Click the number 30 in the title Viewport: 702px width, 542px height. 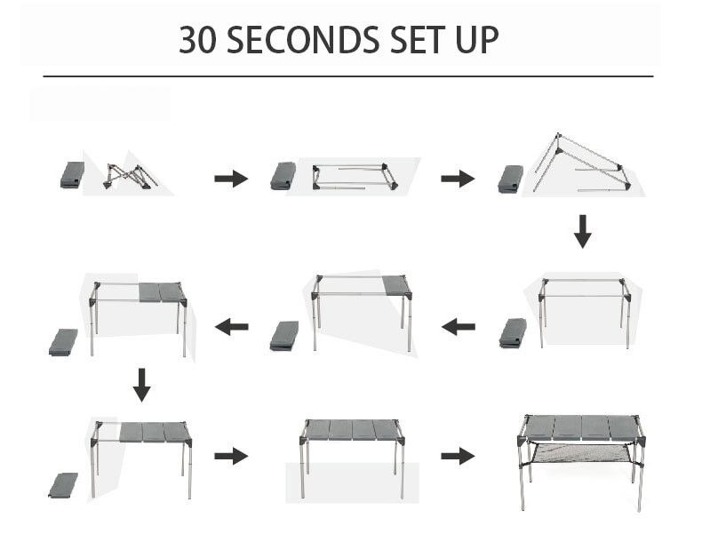click(200, 40)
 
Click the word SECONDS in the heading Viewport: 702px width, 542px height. click(301, 40)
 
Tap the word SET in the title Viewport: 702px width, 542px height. click(419, 40)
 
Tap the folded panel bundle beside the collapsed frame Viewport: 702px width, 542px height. click(72, 175)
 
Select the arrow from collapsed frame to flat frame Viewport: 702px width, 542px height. click(231, 179)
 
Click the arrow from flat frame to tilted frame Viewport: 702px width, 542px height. click(458, 179)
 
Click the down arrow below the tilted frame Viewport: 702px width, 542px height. click(582, 230)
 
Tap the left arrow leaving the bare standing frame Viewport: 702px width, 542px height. click(459, 327)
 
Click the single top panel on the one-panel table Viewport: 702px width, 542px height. click(396, 285)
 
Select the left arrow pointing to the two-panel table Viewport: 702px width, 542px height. click(231, 327)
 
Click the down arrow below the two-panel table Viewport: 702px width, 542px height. click(141, 385)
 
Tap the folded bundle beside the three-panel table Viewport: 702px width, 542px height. click(63, 484)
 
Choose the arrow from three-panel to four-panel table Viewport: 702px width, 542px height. click(231, 456)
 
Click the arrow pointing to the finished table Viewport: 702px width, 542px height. click(458, 456)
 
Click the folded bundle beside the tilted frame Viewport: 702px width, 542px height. click(512, 179)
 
